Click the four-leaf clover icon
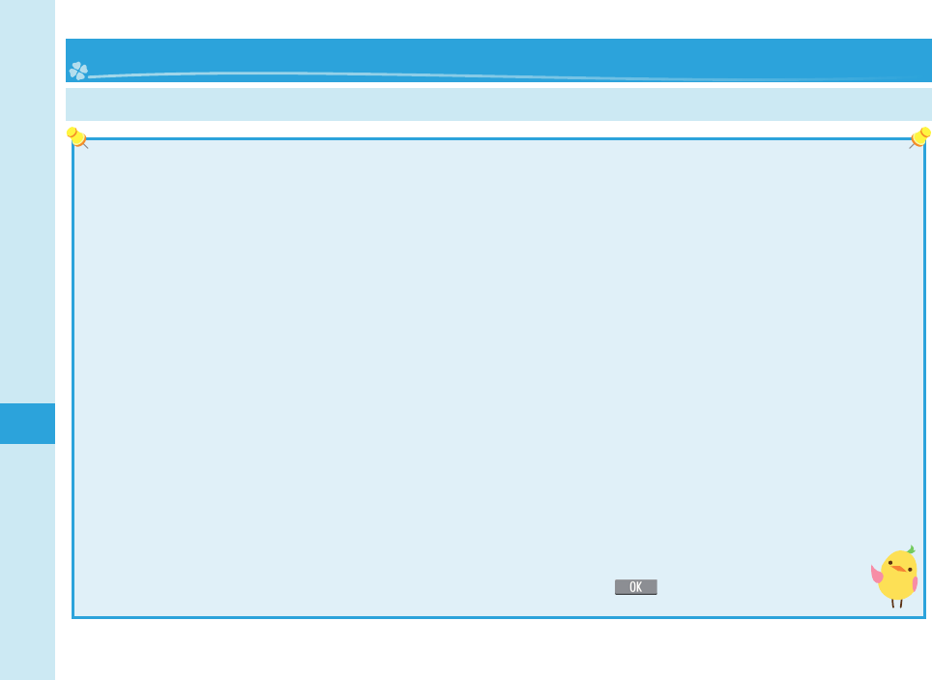[x=78, y=71]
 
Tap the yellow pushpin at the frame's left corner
[x=74, y=135]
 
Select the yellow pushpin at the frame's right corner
[x=921, y=135]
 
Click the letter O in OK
[x=631, y=587]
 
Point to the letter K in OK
[x=640, y=587]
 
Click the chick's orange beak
[x=900, y=569]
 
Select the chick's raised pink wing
[x=877, y=575]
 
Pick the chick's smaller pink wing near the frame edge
[x=915, y=583]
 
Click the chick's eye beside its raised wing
[x=891, y=564]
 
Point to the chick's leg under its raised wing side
[x=893, y=603]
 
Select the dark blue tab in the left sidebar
[x=27, y=424]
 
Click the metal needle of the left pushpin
[x=85, y=146]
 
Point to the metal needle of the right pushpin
[x=911, y=146]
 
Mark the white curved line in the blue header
[x=483, y=74]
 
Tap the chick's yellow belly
[x=896, y=585]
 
